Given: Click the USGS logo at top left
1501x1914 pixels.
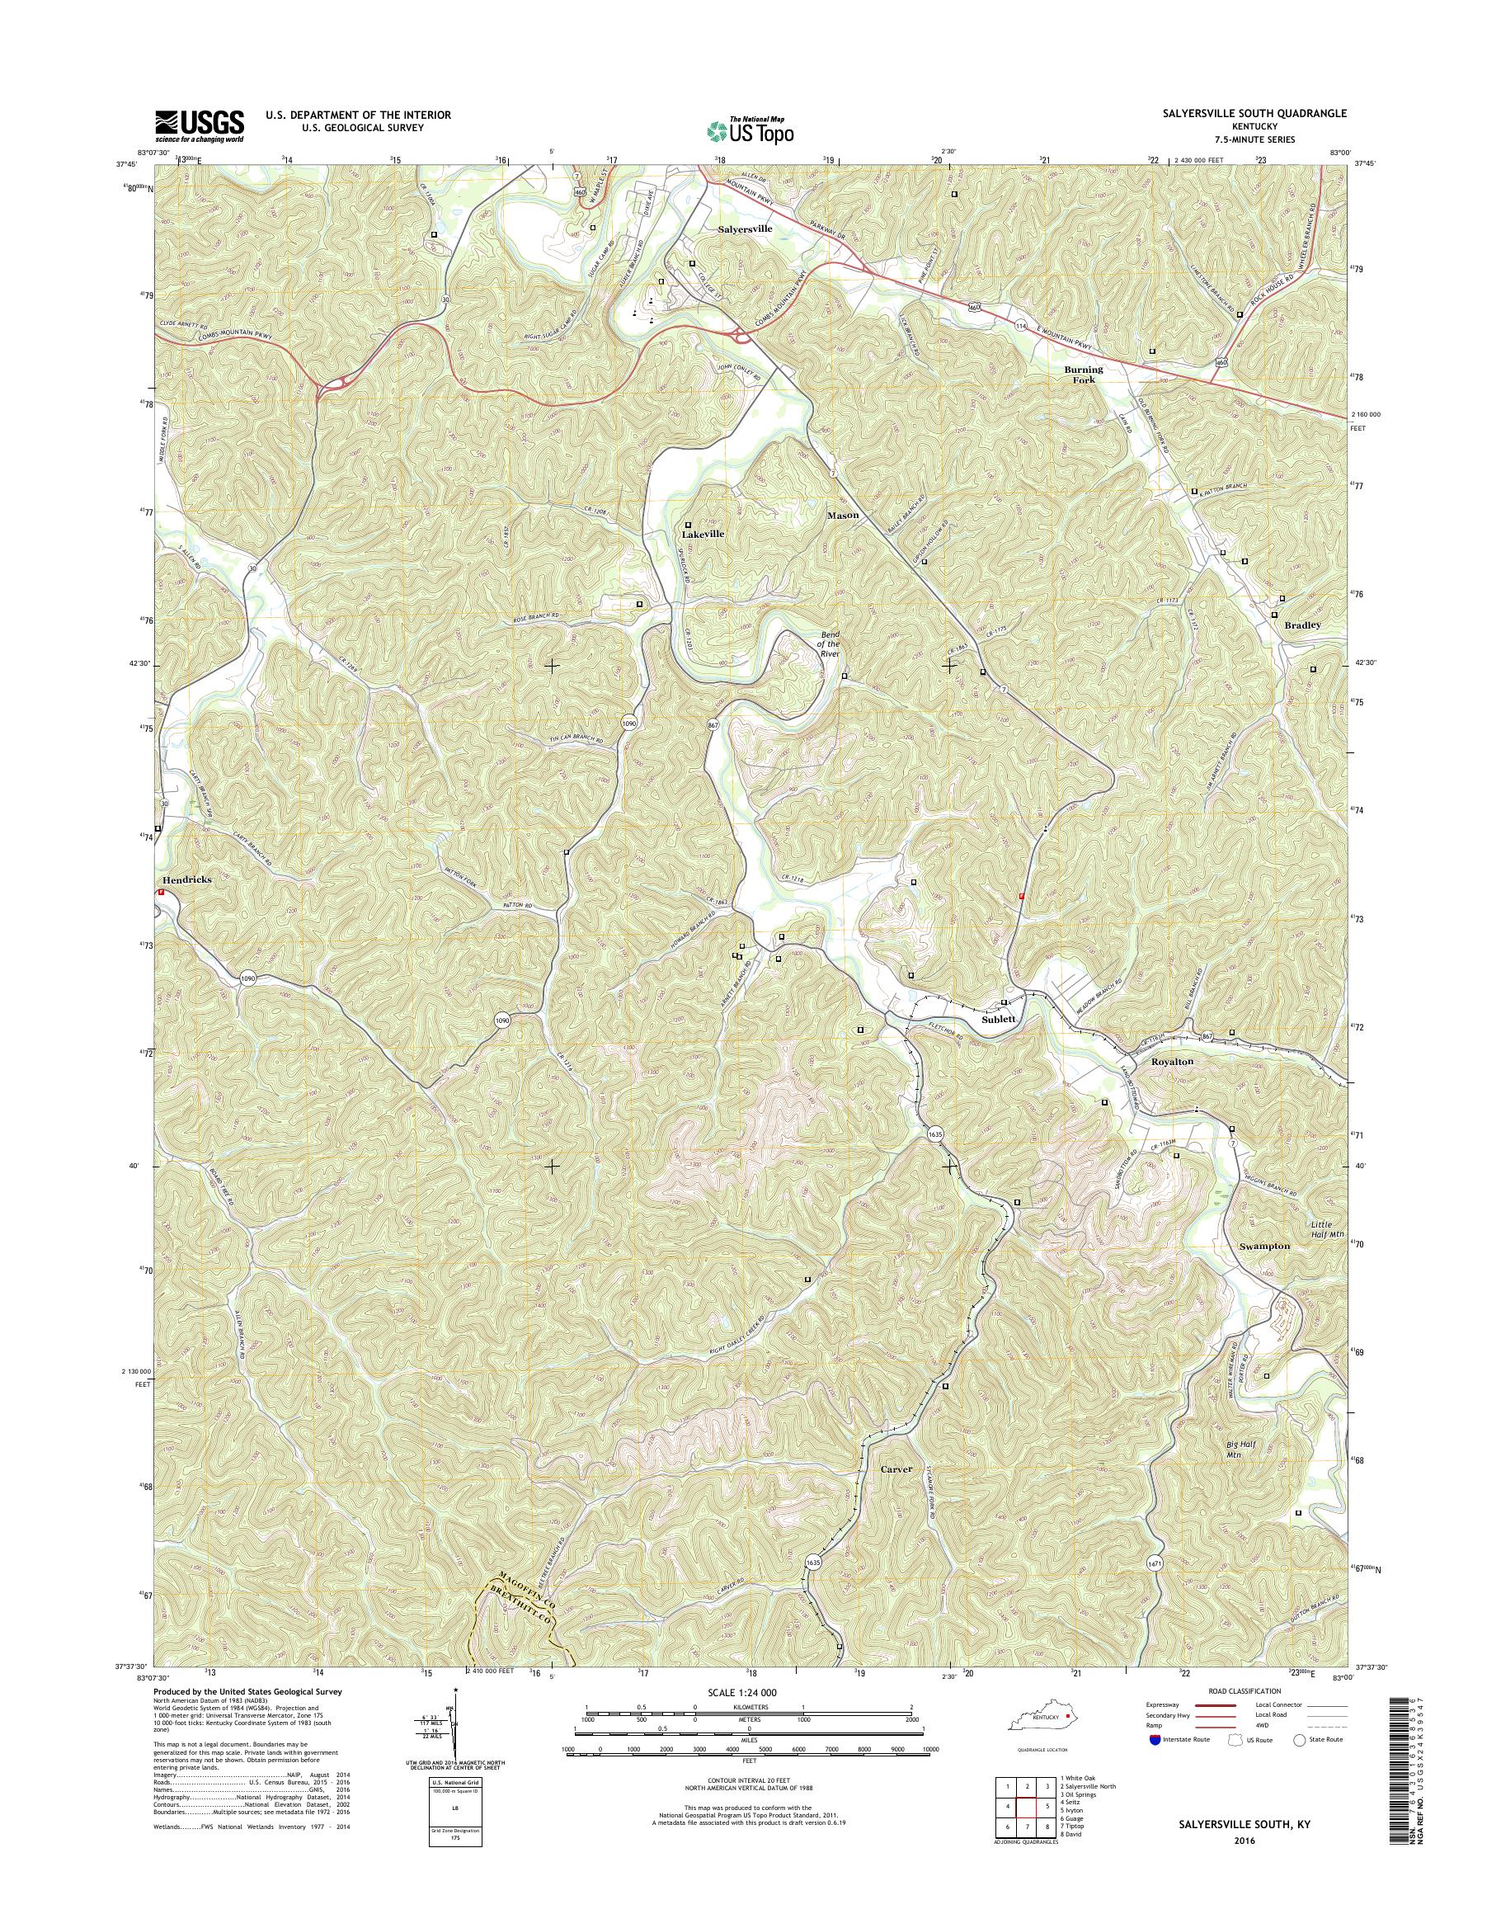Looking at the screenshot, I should [x=200, y=125].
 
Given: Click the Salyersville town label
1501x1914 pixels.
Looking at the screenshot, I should [x=746, y=229].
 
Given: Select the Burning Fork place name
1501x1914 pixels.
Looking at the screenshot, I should [x=1084, y=375].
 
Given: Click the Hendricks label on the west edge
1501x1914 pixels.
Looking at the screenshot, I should [x=186, y=879].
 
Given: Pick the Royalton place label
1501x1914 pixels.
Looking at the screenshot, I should [x=1172, y=1061].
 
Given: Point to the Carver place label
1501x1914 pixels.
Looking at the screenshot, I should [x=896, y=1469].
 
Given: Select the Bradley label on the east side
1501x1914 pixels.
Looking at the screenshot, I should [x=1302, y=625].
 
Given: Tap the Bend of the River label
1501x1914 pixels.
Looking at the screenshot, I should [x=830, y=643].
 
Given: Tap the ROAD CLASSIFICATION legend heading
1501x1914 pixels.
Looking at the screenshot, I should [x=1245, y=1690].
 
